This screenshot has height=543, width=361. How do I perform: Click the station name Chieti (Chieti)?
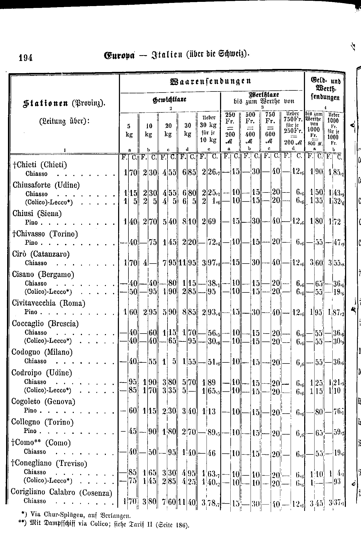40,165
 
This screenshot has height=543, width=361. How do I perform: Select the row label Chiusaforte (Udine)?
46,185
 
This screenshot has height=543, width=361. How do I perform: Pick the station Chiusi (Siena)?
37,213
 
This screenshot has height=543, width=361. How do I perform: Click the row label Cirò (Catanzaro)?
41,254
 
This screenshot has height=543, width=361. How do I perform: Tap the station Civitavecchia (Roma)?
49,303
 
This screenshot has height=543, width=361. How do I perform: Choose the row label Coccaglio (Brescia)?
45,323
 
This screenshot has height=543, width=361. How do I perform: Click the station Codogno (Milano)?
42,352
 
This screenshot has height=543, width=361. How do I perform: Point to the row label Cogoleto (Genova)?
43,401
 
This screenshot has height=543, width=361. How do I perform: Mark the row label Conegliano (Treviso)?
49,463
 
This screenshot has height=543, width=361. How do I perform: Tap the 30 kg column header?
188,130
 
